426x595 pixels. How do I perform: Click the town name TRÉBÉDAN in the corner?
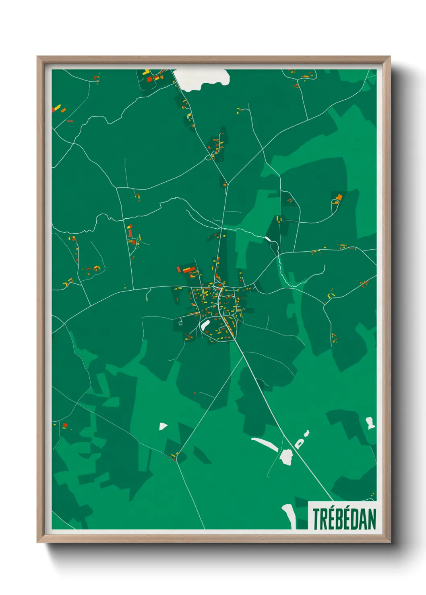click(x=344, y=519)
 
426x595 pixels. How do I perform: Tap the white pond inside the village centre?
click(x=205, y=325)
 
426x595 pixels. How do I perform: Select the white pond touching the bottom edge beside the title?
click(x=289, y=515)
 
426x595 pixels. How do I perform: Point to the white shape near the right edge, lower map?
click(x=370, y=423)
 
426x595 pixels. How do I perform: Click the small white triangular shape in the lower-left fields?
click(x=163, y=426)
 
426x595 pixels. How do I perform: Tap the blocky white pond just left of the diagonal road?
click(x=286, y=456)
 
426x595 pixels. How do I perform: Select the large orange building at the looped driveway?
click(x=339, y=197)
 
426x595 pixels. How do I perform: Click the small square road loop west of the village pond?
click(x=180, y=322)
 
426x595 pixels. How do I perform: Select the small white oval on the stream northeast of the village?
click(x=268, y=239)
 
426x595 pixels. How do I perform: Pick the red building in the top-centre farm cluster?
click(x=149, y=79)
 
